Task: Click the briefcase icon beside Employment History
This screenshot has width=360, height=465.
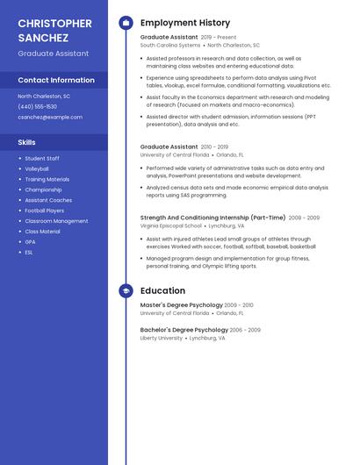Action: coord(126,23)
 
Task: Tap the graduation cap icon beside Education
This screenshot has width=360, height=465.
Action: coord(126,290)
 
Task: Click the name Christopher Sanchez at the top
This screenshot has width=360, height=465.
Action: coord(54,31)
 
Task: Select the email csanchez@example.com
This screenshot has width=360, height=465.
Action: coord(50,117)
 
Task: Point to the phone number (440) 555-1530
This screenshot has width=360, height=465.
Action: coord(37,106)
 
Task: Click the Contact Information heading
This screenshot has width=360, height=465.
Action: coord(56,80)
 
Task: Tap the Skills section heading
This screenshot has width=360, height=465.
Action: coord(27,141)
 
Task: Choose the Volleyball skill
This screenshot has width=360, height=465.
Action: coord(37,168)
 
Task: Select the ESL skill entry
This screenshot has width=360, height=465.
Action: coord(29,253)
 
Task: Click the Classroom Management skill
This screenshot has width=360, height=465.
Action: coord(56,221)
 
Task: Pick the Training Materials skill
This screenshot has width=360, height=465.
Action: coord(47,179)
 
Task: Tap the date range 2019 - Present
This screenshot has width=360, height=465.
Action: coord(219,38)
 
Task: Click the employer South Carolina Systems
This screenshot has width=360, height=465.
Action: coord(170,45)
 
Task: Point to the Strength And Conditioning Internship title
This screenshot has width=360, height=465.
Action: coord(212,218)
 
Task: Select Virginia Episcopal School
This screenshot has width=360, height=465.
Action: coord(170,225)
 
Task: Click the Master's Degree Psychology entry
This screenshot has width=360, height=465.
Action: coord(181,305)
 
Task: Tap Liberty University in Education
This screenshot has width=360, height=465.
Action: coord(162,338)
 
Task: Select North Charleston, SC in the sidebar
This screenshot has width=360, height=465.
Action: coord(44,96)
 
